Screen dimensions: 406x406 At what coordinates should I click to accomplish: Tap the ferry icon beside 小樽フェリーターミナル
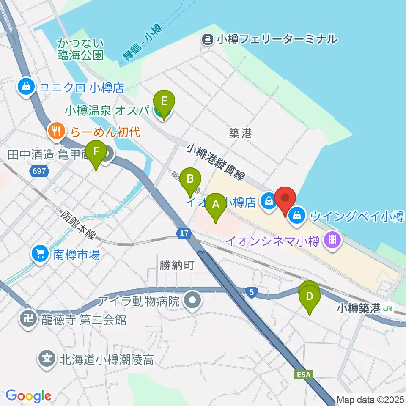(207, 40)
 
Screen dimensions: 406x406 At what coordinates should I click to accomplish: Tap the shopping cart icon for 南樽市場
(40, 254)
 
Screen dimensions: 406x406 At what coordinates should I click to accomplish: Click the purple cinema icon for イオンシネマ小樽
(332, 241)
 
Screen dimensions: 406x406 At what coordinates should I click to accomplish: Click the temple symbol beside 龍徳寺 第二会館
(29, 319)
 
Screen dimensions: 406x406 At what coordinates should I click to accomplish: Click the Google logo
(29, 396)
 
